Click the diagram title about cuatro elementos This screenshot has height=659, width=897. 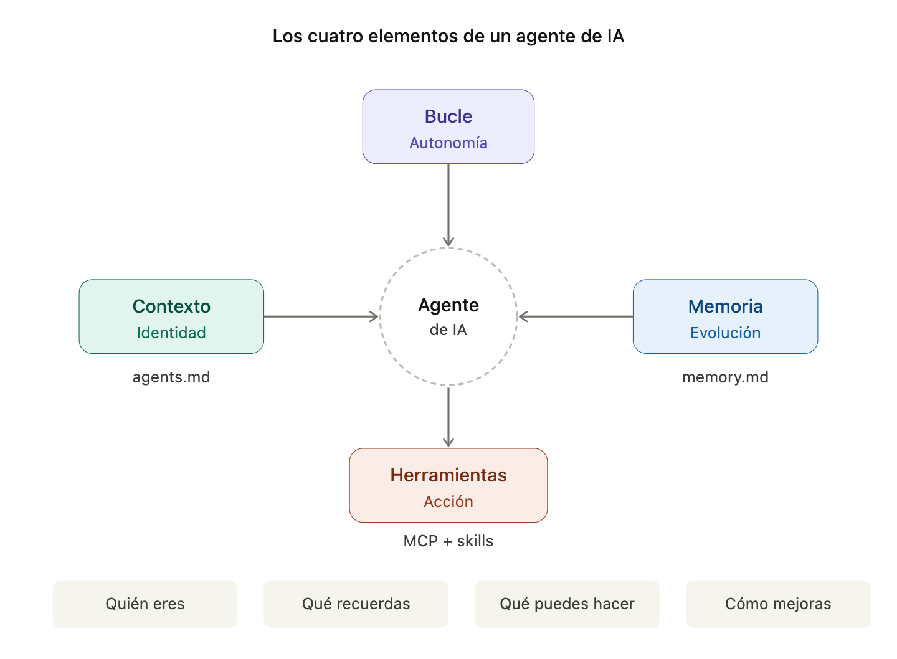tap(448, 36)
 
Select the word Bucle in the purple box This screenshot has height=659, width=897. tap(448, 116)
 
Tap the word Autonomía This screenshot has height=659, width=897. tap(448, 143)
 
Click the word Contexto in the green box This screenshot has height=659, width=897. tap(171, 306)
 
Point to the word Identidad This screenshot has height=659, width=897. tap(171, 333)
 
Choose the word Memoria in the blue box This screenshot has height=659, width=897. tap(725, 306)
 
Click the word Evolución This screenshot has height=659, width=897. tap(725, 333)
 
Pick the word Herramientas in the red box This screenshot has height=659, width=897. tap(448, 475)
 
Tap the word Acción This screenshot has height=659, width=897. tap(448, 502)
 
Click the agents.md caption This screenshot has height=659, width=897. tap(171, 377)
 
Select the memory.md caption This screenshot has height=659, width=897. tap(725, 377)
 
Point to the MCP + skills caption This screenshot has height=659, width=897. tap(448, 541)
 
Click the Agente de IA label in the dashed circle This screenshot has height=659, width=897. tap(448, 317)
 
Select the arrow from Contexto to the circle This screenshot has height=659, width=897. tap(321, 316)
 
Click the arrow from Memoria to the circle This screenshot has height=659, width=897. tap(576, 316)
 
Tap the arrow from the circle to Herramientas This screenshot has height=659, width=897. tap(448, 416)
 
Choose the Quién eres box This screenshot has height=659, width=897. tap(145, 604)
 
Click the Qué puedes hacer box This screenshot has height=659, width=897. tap(567, 604)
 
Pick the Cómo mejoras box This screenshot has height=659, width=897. tap(778, 604)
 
